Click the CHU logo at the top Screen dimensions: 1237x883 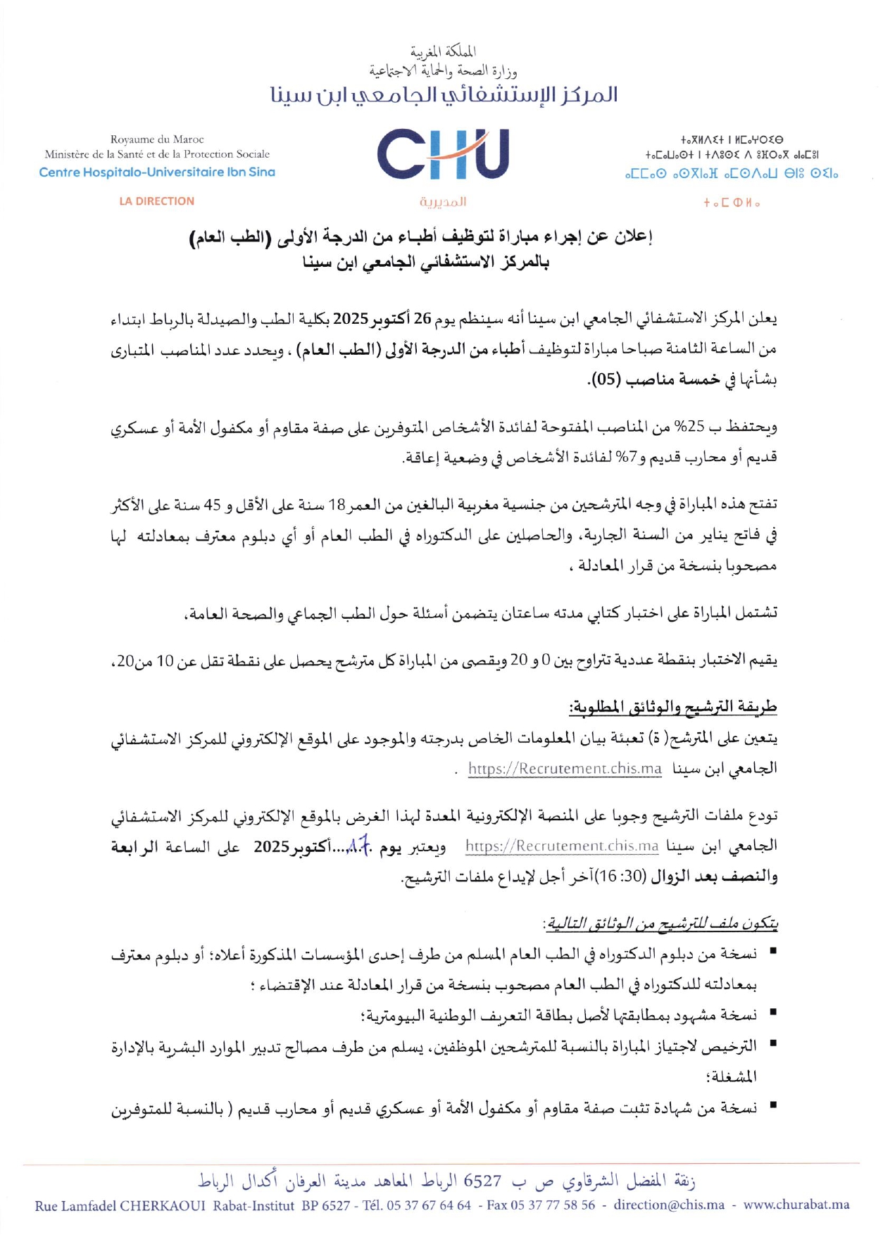click(x=442, y=154)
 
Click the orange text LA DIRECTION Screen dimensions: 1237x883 click(x=156, y=201)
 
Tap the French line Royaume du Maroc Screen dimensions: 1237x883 click(x=157, y=139)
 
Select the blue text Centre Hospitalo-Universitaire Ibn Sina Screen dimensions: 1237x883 click(x=157, y=172)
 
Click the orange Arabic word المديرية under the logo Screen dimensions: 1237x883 click(x=442, y=202)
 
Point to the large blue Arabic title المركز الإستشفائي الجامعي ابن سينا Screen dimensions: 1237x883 click(x=444, y=95)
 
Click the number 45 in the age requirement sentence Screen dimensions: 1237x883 click(x=212, y=506)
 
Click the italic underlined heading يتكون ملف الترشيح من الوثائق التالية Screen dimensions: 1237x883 click(x=660, y=923)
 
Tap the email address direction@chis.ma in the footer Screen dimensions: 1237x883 click(x=668, y=1205)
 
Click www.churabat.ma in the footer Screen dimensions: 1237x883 click(x=796, y=1205)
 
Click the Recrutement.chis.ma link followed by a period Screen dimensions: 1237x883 click(x=565, y=768)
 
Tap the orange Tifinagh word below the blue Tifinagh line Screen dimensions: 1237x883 click(x=731, y=203)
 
